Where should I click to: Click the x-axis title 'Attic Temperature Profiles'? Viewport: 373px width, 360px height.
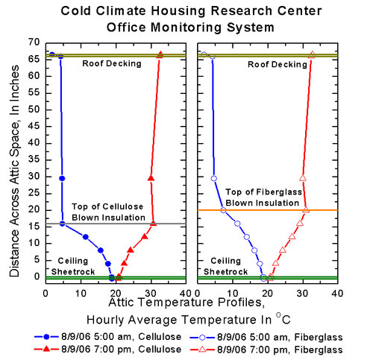[186, 304]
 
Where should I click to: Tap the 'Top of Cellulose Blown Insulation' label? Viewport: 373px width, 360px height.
[108, 212]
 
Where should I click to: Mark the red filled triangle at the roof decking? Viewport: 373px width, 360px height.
[160, 55]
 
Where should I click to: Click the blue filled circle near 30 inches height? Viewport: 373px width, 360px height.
[62, 178]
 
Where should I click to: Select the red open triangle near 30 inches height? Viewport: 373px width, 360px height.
[303, 178]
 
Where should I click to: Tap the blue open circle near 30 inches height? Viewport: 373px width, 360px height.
[214, 178]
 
